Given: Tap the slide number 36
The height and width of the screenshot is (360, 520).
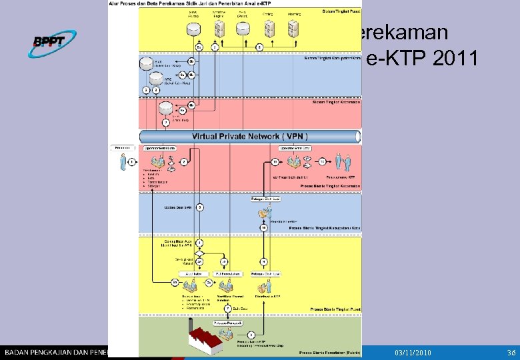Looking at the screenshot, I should (x=511, y=351).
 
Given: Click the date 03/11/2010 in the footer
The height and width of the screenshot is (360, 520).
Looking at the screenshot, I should (x=413, y=351).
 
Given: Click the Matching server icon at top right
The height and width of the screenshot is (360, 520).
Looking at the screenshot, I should (x=292, y=29).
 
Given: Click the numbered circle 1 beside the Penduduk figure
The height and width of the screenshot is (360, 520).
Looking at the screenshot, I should (x=132, y=161).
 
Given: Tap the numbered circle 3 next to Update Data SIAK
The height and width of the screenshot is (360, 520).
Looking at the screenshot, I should (x=199, y=207).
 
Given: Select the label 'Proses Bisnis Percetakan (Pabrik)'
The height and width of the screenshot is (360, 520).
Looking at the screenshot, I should (x=329, y=351).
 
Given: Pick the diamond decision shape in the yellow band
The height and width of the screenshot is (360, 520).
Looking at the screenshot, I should (x=199, y=253).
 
